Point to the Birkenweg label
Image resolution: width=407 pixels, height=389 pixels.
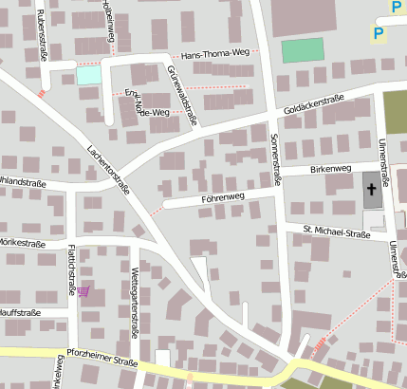click(330, 168)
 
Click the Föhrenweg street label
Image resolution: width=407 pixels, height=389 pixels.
click(223, 197)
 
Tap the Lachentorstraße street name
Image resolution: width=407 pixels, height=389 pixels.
click(107, 169)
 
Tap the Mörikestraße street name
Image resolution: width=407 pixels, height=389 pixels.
click(22, 244)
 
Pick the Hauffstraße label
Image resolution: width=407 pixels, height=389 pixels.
click(20, 311)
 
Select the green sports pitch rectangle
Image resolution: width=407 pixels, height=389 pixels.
click(303, 50)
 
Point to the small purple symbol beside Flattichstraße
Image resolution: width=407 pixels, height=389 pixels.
click(84, 291)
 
